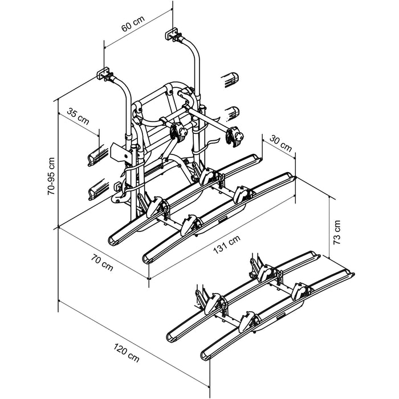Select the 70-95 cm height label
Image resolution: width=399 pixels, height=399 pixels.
50,175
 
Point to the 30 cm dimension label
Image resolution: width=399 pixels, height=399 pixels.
280,142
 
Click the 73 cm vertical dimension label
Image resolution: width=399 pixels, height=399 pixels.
337,232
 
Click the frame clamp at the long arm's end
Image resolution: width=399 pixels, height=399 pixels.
234,135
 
